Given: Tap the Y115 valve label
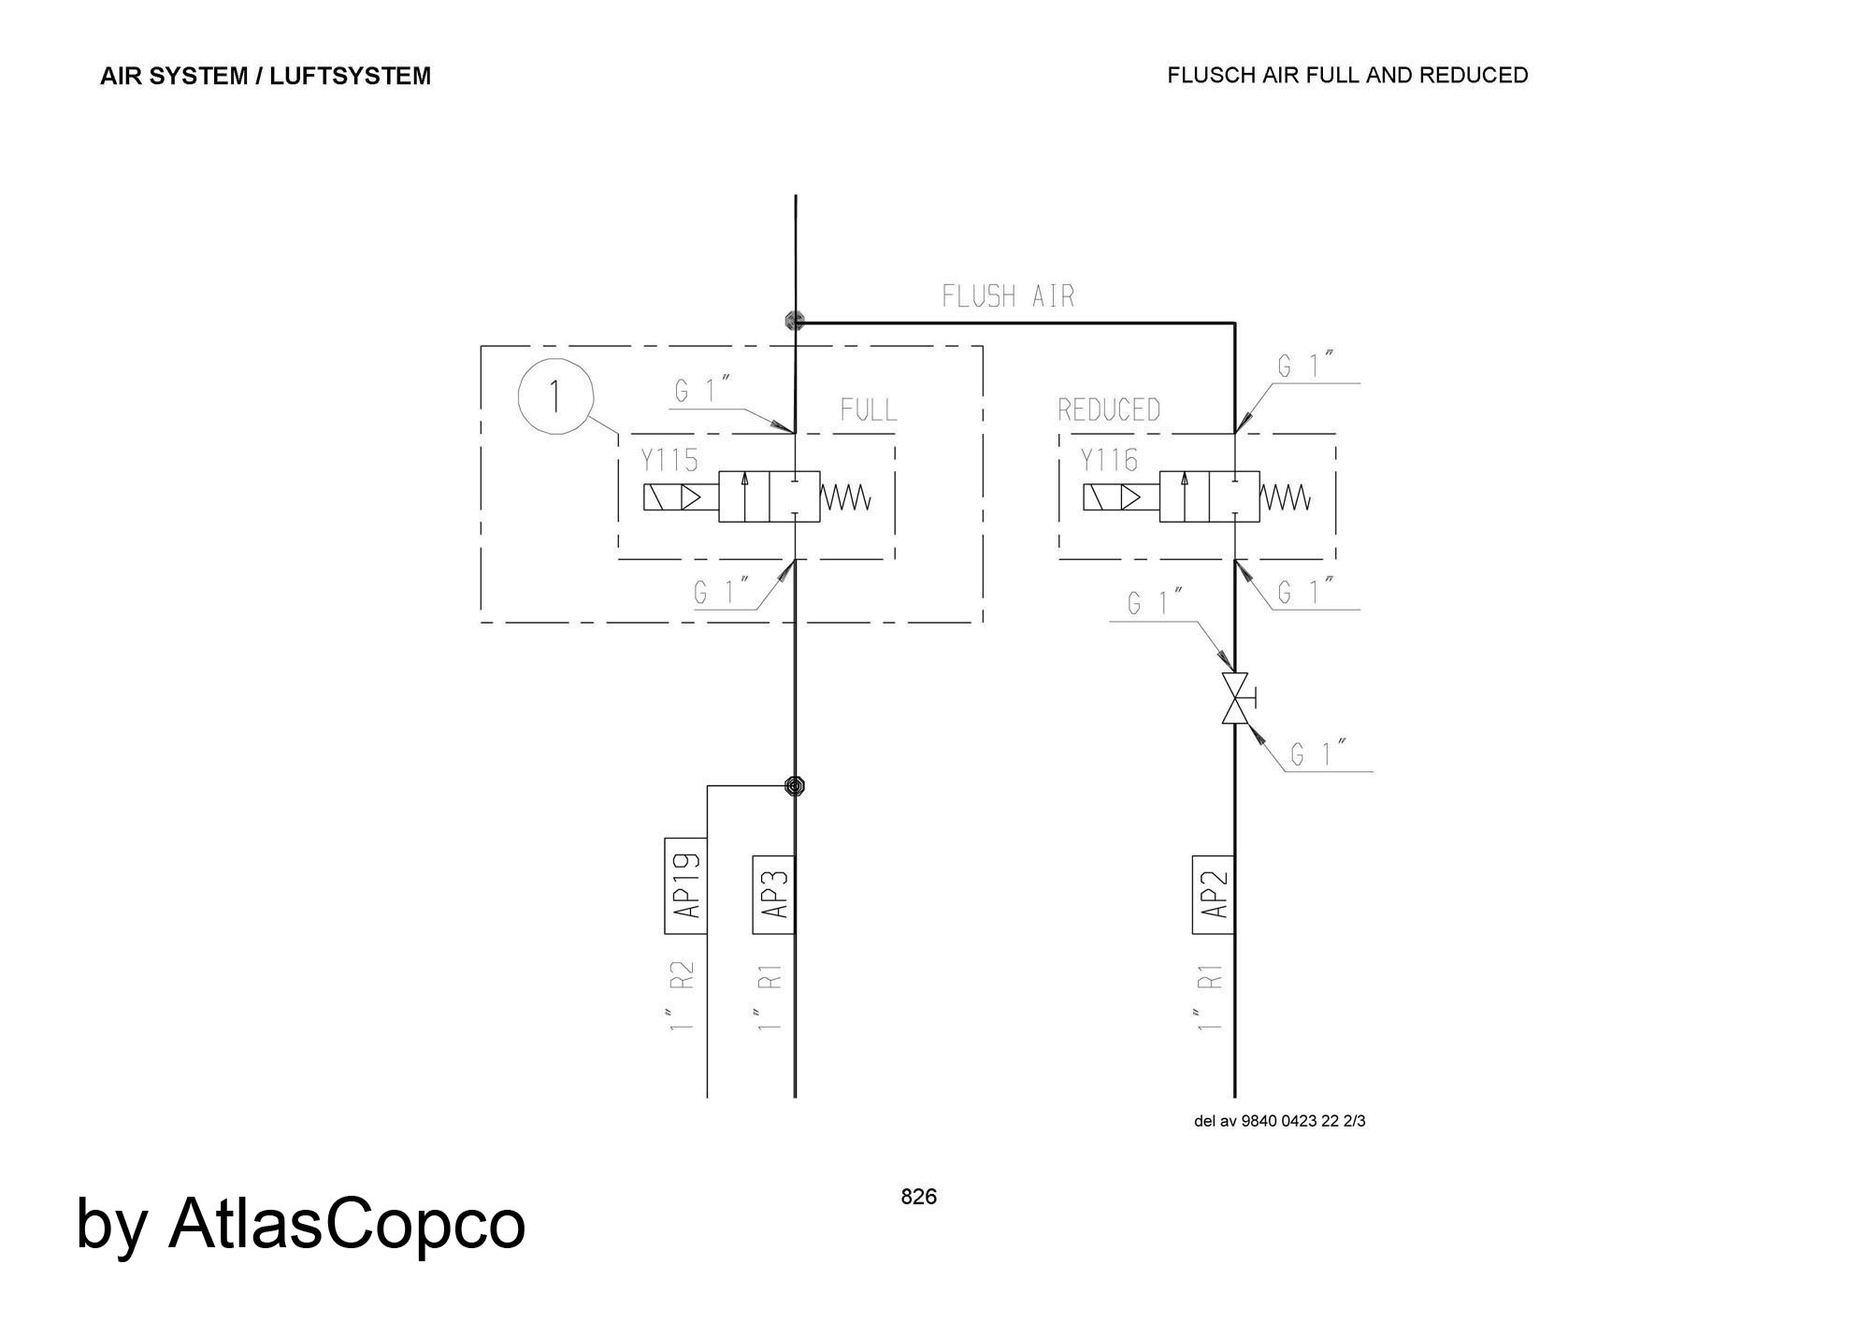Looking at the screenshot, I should click(x=669, y=460).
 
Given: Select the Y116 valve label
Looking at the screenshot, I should click(x=1109, y=460).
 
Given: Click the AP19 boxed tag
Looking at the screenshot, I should click(x=685, y=885).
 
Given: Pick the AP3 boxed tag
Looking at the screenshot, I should click(x=774, y=894).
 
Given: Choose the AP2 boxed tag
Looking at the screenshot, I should click(x=1213, y=894).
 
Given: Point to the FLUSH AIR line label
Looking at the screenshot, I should click(x=1008, y=296).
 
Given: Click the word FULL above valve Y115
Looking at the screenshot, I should click(x=868, y=410).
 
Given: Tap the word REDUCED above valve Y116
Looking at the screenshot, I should click(x=1109, y=410).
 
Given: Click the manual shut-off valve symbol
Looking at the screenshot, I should click(x=1235, y=697).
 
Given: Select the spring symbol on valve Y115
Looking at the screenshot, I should click(x=846, y=497).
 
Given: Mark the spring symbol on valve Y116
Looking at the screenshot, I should click(x=1287, y=497).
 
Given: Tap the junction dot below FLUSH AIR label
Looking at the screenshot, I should click(x=795, y=321).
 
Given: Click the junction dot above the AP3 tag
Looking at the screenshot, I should click(x=795, y=785).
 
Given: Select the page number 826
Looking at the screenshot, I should click(x=918, y=1197).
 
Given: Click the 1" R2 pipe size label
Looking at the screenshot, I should click(x=683, y=996).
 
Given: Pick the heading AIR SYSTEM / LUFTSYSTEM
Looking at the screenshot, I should click(x=266, y=76).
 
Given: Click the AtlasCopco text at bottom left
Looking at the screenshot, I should click(x=346, y=1223).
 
